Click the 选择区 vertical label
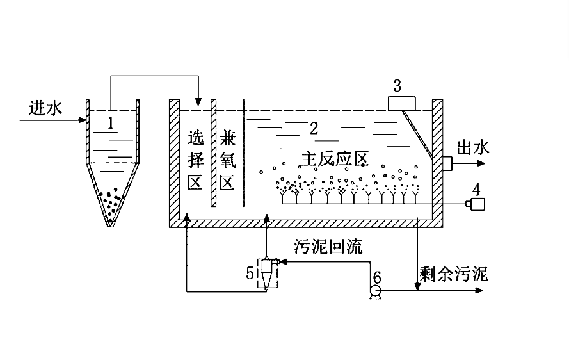(x=195, y=160)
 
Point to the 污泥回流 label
(x=328, y=247)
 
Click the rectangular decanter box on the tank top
(x=401, y=102)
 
